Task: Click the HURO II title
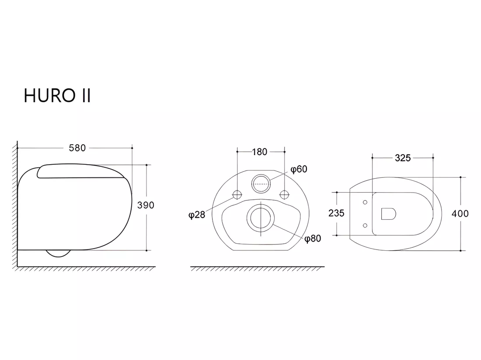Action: (57, 95)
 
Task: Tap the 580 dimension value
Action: (77, 148)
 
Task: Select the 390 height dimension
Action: (146, 205)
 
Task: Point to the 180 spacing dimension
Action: (259, 152)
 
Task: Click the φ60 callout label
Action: (299, 169)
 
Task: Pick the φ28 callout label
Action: (197, 215)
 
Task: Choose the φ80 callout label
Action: (313, 239)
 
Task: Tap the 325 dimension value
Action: (403, 158)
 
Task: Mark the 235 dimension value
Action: (337, 213)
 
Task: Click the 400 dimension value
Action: (460, 213)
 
